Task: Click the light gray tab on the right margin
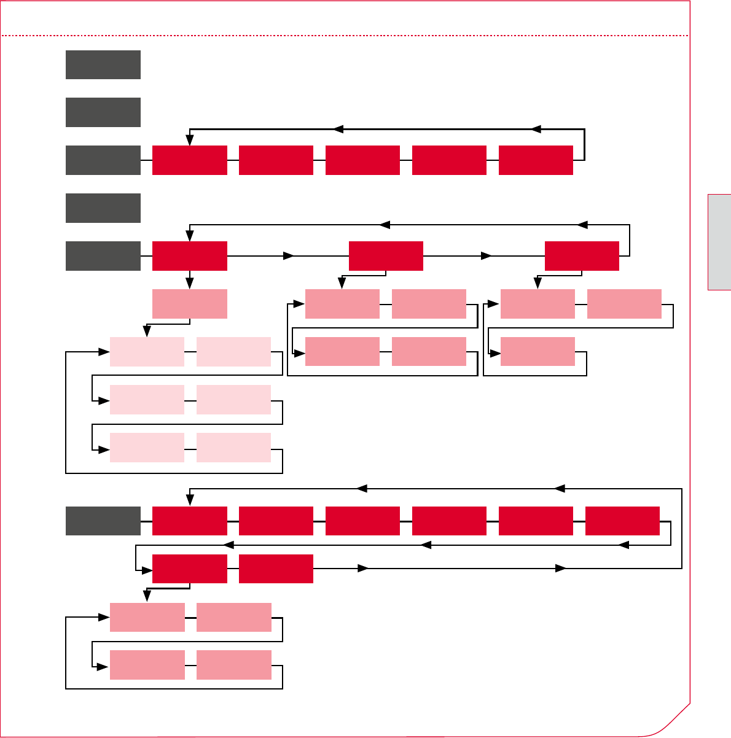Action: (x=719, y=242)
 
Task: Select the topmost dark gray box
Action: (x=103, y=64)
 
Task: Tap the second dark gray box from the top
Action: (x=103, y=112)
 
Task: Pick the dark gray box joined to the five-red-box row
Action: (x=103, y=160)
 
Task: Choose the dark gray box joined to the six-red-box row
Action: (x=103, y=521)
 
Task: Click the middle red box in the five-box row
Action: (x=362, y=160)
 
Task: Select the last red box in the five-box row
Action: (x=536, y=160)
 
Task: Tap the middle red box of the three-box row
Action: (x=386, y=256)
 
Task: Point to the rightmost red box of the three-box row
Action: (x=582, y=256)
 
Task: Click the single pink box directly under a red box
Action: (x=190, y=304)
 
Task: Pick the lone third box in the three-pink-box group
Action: (x=537, y=352)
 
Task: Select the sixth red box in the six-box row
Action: (x=622, y=521)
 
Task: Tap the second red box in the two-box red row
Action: (x=276, y=569)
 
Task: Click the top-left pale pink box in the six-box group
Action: (x=147, y=352)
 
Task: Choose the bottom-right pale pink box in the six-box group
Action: (x=233, y=448)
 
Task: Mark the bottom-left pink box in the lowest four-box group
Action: (x=147, y=665)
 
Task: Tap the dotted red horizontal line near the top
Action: (x=344, y=36)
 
